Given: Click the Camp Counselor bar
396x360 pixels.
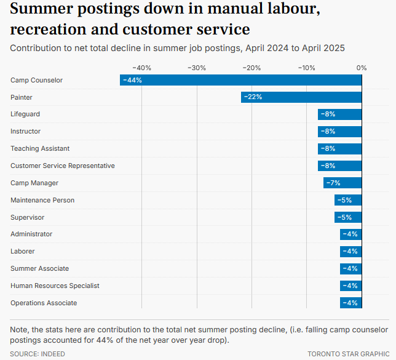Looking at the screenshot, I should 240,80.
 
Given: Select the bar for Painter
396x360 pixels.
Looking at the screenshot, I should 301,97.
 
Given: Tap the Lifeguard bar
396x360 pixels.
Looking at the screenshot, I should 339,114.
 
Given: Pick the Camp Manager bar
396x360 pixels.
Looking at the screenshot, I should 343,183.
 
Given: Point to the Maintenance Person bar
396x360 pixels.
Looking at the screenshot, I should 348,200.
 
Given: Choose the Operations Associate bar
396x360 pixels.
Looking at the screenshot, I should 350,303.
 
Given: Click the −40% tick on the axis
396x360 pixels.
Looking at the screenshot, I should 142,68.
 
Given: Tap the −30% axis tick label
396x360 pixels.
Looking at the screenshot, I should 197,68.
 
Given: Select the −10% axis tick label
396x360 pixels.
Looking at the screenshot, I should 307,68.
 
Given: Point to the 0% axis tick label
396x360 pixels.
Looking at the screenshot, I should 362,68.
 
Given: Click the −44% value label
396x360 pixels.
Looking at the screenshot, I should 132,80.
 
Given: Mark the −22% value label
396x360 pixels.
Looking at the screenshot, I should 253,97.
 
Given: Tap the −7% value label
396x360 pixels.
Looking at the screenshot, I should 333,183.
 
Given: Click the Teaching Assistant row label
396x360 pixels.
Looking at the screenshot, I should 40,148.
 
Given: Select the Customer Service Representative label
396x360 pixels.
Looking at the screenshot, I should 63,166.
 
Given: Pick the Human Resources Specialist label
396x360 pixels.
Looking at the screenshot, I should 55,286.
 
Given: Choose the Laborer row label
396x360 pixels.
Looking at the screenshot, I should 23,251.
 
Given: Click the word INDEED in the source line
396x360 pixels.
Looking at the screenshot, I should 53,354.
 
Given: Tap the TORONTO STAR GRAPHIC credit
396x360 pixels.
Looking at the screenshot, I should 348,354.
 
